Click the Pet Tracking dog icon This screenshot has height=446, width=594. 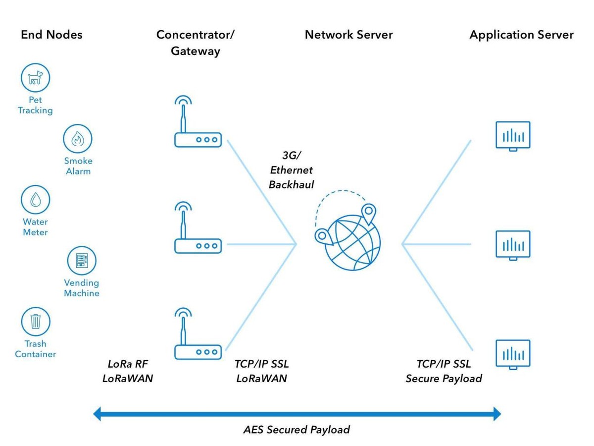[x=36, y=78]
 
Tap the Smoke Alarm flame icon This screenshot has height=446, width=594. [x=78, y=139]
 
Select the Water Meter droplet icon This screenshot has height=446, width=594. [x=36, y=200]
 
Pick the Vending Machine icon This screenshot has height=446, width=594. [x=82, y=261]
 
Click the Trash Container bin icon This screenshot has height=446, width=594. [x=36, y=322]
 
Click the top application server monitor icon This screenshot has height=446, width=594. [x=513, y=135]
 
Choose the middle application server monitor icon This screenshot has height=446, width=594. [x=513, y=244]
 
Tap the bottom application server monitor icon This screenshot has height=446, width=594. [x=513, y=354]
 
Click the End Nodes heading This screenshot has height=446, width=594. [x=51, y=35]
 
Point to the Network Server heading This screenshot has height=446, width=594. [x=348, y=35]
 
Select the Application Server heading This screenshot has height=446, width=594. [x=521, y=35]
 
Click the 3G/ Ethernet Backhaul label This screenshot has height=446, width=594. [x=291, y=170]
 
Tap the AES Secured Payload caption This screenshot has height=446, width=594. [x=297, y=429]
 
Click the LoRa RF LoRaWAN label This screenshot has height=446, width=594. [x=128, y=371]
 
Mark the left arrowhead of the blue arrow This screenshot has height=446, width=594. [x=98, y=413]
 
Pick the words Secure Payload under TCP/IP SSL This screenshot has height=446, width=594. [x=444, y=379]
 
